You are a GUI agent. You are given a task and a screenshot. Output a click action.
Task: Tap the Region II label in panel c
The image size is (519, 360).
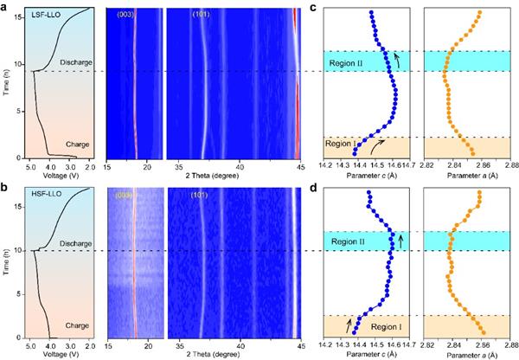[x=355, y=62]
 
